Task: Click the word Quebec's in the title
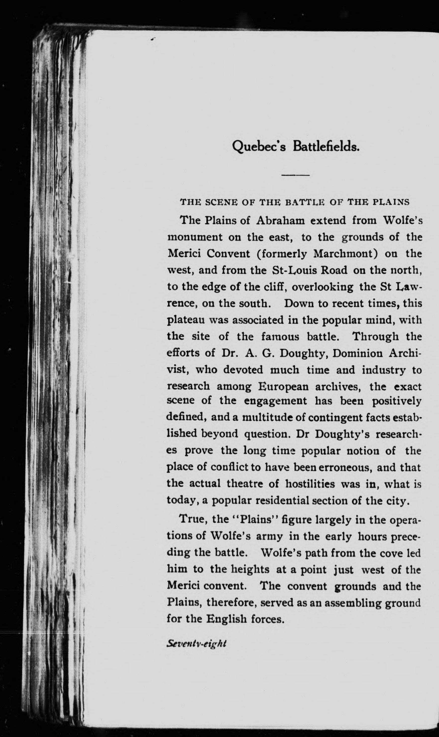click(259, 147)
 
